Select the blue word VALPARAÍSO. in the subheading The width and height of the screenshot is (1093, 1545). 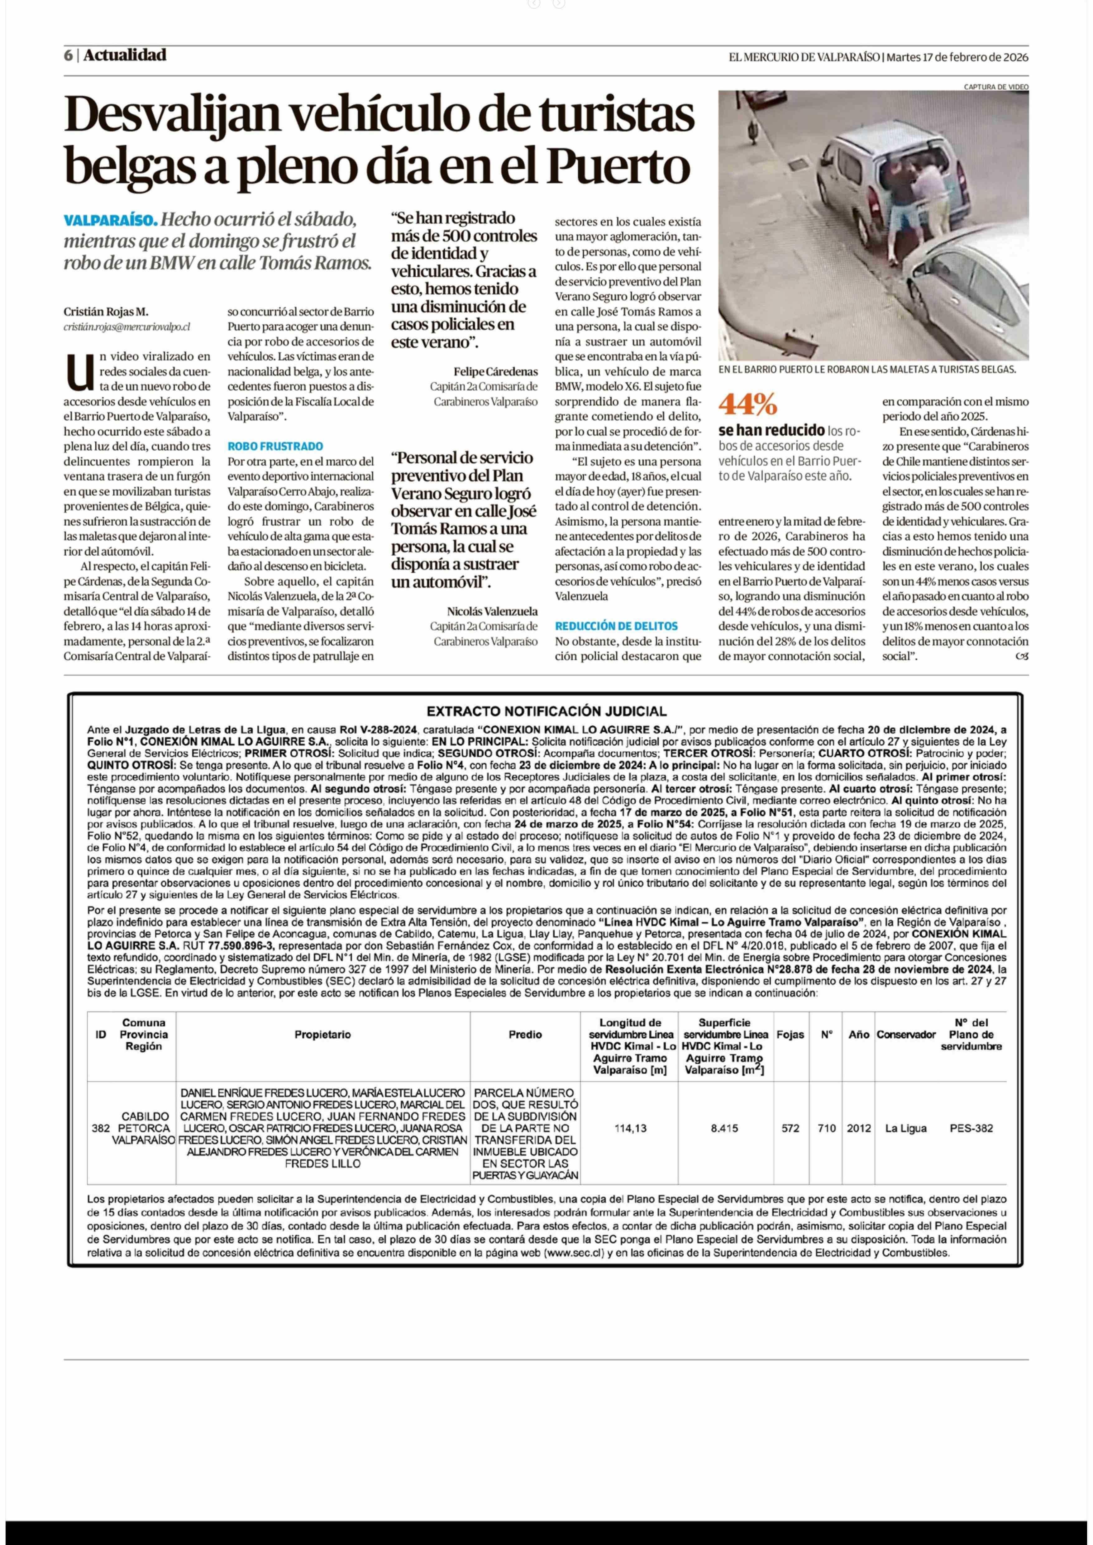point(110,220)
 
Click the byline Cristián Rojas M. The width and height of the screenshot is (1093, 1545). point(106,312)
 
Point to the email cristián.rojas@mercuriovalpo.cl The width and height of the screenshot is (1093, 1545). point(126,327)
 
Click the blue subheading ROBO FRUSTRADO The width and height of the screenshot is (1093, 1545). point(275,446)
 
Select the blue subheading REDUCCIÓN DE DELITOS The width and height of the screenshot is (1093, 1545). point(616,626)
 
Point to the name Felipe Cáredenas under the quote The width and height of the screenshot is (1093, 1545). point(495,372)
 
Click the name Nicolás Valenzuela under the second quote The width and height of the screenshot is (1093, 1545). point(492,611)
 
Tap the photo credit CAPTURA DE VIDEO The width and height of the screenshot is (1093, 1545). point(995,87)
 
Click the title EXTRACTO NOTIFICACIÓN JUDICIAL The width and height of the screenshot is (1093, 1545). point(546,711)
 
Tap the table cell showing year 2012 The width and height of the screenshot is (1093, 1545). point(859,1128)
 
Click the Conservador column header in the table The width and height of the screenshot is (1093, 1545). point(906,1035)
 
